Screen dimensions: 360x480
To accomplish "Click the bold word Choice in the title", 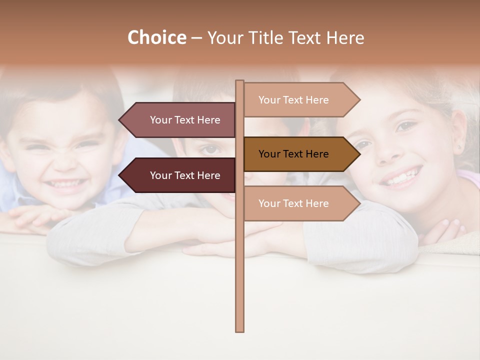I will [x=156, y=38].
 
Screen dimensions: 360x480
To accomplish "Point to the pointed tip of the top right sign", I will [x=359, y=100].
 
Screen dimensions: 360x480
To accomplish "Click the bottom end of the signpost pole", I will [x=239, y=330].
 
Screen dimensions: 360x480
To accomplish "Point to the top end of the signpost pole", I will [x=239, y=81].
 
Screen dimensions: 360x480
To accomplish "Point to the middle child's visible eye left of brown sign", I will [x=211, y=149].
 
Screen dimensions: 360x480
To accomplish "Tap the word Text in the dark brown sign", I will [x=293, y=154].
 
